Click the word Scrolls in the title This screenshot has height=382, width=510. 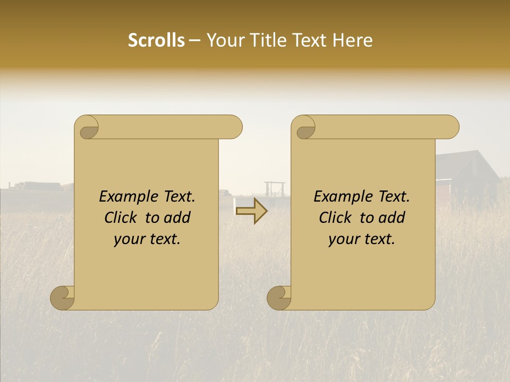157,40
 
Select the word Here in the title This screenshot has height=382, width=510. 353,40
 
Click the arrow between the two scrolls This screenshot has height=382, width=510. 252,211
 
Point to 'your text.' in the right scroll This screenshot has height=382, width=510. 362,239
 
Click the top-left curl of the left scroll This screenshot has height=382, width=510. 87,127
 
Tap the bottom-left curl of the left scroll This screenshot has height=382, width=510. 63,298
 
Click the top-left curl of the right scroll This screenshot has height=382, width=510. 304,127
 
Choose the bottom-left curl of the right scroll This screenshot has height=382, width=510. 279,298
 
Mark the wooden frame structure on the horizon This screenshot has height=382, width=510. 275,189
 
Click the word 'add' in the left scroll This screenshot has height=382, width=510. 178,218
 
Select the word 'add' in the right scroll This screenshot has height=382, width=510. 393,218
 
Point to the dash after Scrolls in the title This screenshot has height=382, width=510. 195,41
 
